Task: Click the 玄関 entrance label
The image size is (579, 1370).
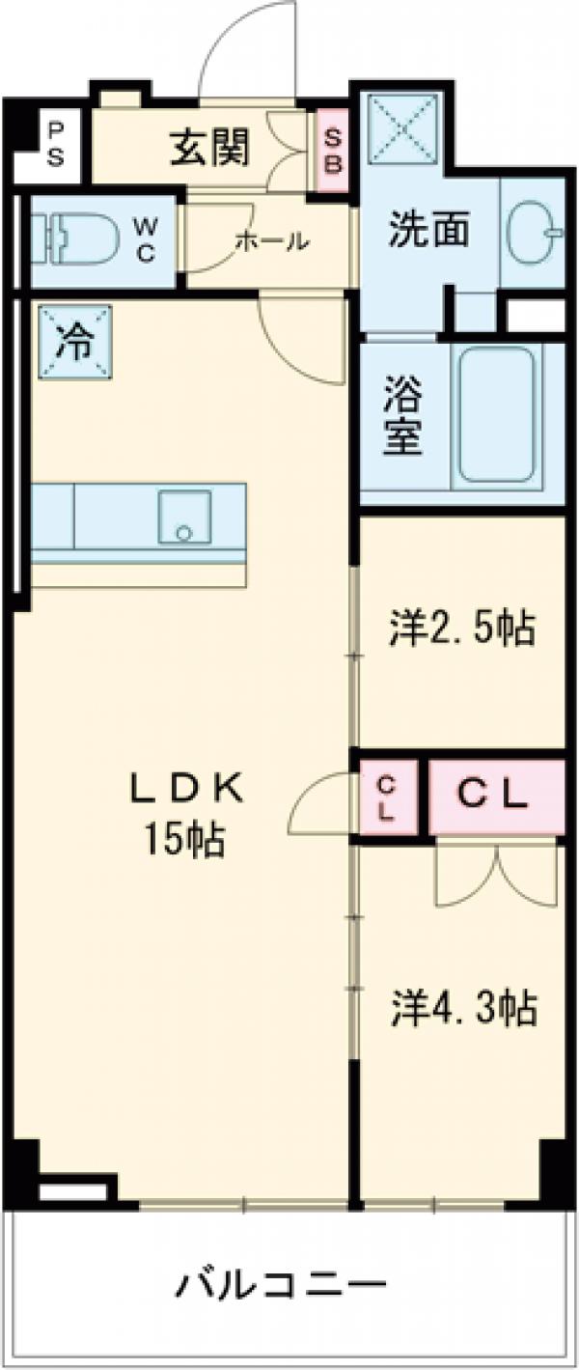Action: (x=209, y=149)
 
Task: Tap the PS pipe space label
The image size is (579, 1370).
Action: (x=56, y=145)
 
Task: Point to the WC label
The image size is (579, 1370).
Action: (x=145, y=240)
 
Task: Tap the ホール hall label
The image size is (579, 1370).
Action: (x=272, y=242)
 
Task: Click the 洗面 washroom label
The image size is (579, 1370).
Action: (x=429, y=229)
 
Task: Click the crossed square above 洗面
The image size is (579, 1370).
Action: (x=403, y=129)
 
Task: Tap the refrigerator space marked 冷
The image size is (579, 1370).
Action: (x=76, y=343)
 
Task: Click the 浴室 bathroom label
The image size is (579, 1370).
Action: (x=403, y=417)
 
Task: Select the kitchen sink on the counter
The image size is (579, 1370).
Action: (x=185, y=517)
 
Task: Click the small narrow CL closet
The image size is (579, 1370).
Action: (x=389, y=797)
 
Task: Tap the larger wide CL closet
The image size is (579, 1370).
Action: (x=496, y=797)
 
